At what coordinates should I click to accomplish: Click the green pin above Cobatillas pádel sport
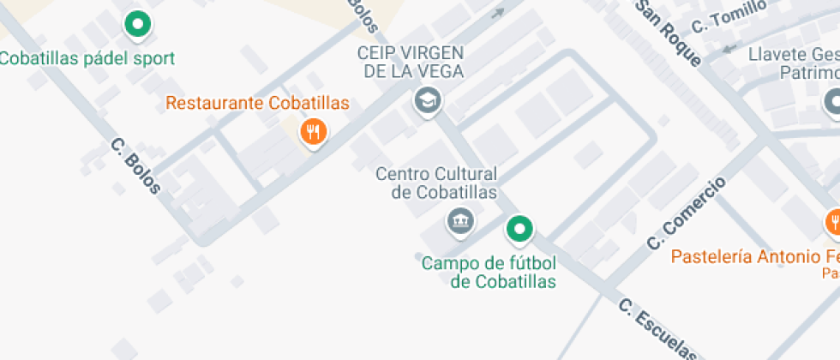click(137, 25)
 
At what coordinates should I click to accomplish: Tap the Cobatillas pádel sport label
click(87, 58)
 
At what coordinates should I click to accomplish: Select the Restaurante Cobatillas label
click(257, 103)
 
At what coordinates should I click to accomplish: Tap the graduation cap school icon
click(426, 100)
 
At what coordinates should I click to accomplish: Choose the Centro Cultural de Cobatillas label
click(436, 183)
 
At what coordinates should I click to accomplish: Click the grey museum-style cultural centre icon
click(460, 220)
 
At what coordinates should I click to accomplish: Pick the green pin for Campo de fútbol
click(519, 228)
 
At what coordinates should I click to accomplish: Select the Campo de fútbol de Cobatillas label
click(489, 272)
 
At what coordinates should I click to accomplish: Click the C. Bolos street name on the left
click(135, 165)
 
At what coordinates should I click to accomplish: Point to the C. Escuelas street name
click(657, 329)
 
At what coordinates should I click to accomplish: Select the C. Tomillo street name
click(729, 16)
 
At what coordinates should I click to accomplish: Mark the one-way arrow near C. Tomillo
click(729, 48)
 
